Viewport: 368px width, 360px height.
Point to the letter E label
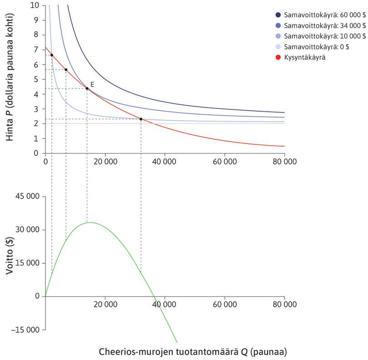point(92,84)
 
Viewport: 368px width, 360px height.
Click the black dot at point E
point(87,89)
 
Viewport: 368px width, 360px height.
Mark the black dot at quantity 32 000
point(141,119)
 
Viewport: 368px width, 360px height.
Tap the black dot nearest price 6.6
point(52,55)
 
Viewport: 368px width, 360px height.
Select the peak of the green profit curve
point(90,222)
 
